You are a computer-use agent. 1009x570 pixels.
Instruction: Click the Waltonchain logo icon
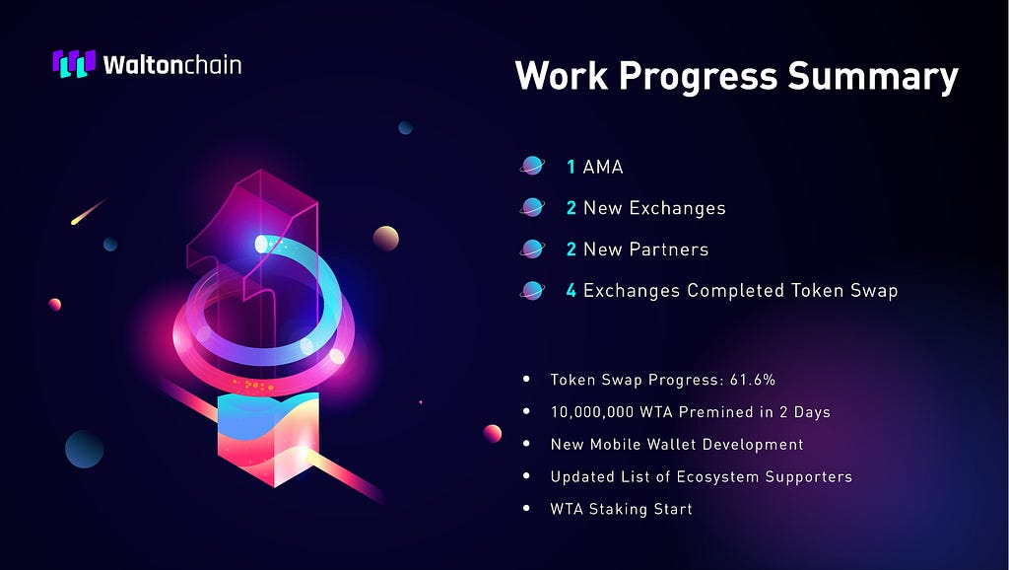74,64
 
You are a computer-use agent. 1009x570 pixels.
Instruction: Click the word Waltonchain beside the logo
171,64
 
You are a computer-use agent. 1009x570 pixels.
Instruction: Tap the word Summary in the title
873,77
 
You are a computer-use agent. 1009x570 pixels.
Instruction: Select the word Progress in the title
699,77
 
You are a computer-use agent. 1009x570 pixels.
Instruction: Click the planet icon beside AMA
532,167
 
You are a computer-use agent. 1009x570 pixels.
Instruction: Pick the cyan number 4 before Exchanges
572,291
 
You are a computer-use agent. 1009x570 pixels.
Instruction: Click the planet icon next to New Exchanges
532,207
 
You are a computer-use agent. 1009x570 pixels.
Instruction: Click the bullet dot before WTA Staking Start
527,508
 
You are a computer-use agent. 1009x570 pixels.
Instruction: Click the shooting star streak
88,212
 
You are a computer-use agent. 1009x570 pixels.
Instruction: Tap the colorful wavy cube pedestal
268,439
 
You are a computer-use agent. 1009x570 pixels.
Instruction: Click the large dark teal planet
85,449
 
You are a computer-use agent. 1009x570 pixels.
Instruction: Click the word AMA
603,167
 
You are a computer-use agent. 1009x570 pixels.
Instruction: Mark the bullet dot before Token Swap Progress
527,380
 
